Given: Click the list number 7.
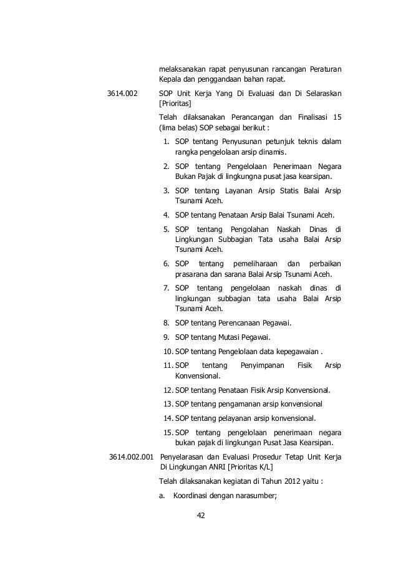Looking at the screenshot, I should pyautogui.click(x=167, y=287).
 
